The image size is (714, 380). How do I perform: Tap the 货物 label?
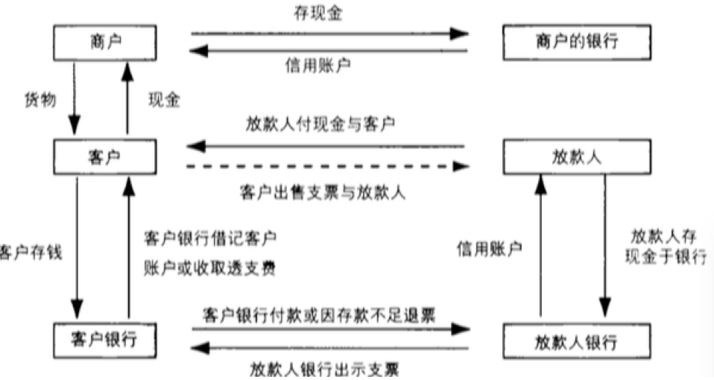pyautogui.click(x=40, y=100)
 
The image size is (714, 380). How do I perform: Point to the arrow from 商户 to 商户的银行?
pyautogui.click(x=328, y=34)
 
